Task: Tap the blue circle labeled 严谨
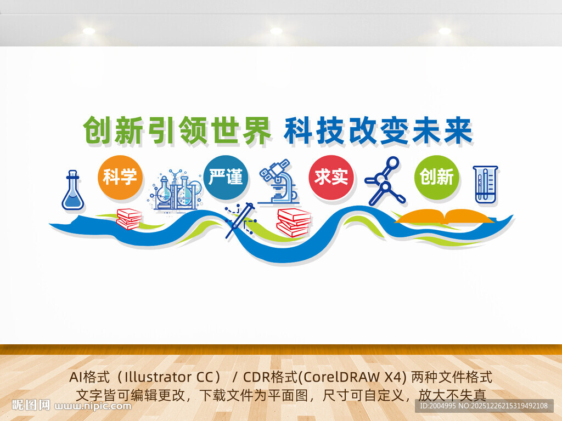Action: [226, 177]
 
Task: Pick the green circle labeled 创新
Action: [437, 177]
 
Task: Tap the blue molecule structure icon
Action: [385, 180]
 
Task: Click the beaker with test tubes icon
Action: [485, 185]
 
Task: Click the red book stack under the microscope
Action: [294, 222]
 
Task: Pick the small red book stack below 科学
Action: [129, 219]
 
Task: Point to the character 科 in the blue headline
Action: [298, 131]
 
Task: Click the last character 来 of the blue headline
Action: [458, 131]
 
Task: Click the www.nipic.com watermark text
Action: [93, 406]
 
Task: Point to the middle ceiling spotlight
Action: [276, 31]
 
